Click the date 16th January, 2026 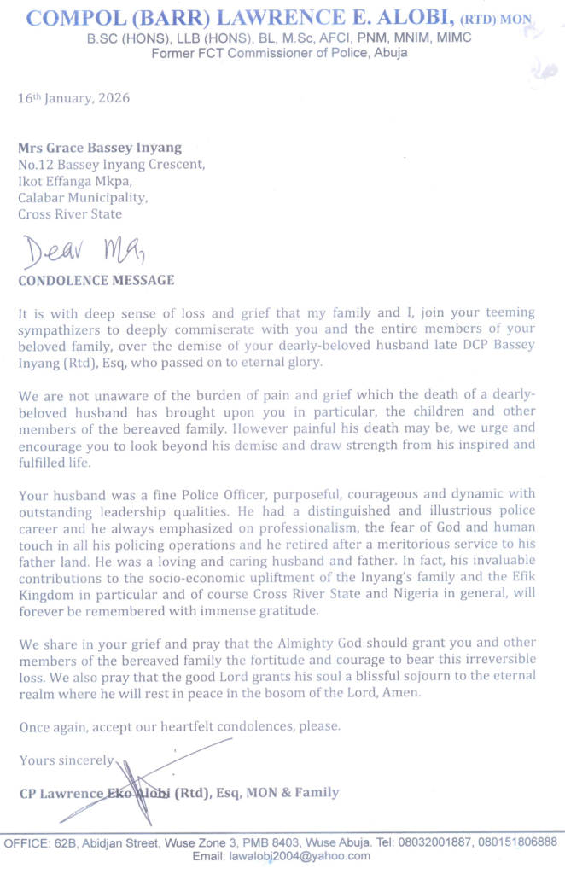(x=74, y=98)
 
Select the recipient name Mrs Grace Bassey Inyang (x=100, y=148)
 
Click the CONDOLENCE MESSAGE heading (x=96, y=280)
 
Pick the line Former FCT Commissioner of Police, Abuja (x=279, y=52)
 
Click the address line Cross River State (x=69, y=213)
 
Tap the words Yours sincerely (x=66, y=760)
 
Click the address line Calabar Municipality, (x=82, y=197)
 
